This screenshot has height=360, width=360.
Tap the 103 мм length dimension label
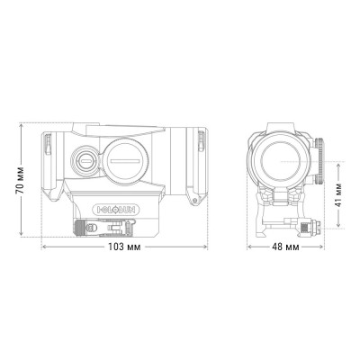pos(121,246)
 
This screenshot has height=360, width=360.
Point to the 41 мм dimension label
pos(338,193)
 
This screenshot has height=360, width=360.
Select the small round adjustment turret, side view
pos(85,161)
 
